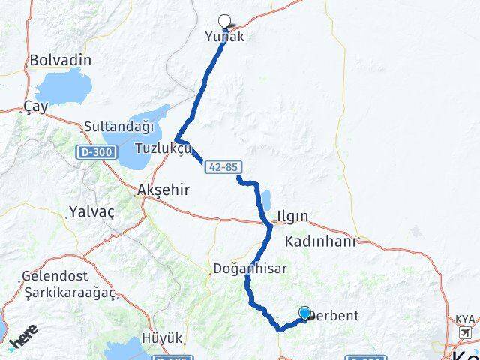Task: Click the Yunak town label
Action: tap(224, 35)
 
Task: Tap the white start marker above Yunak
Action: tap(224, 21)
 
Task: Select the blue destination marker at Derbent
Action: tap(304, 313)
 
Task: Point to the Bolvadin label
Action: tap(60, 60)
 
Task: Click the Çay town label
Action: tap(35, 106)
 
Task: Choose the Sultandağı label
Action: tap(118, 127)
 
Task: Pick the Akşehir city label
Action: tap(163, 190)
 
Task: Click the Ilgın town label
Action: tap(292, 217)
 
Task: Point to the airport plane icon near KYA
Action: tap(466, 332)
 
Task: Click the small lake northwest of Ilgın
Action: tap(266, 201)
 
